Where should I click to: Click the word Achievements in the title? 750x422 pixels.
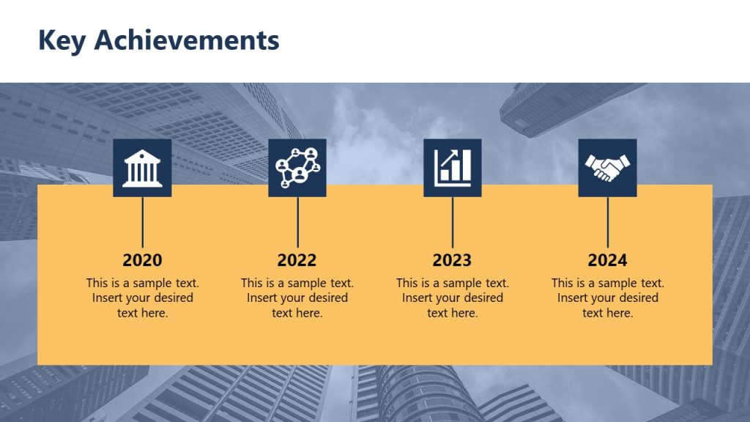pos(187,40)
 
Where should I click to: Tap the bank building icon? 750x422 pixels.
pos(142,168)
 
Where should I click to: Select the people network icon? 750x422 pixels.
pos(297,168)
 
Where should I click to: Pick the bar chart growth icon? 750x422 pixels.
pos(453,168)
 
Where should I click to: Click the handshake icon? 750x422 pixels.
pos(608,168)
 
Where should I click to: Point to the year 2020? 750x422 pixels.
pos(142,260)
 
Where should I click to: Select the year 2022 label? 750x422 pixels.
pos(297,260)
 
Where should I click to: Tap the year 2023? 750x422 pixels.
pos(453,260)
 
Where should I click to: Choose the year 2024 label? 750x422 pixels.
pos(608,260)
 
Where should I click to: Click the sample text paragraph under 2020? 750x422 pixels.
pos(142,297)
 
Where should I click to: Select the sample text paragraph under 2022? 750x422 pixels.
pos(297,297)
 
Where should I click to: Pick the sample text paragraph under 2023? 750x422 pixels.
pos(453,297)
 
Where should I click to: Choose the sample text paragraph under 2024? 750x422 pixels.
pos(608,297)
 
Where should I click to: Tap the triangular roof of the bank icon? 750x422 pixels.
pos(142,155)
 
